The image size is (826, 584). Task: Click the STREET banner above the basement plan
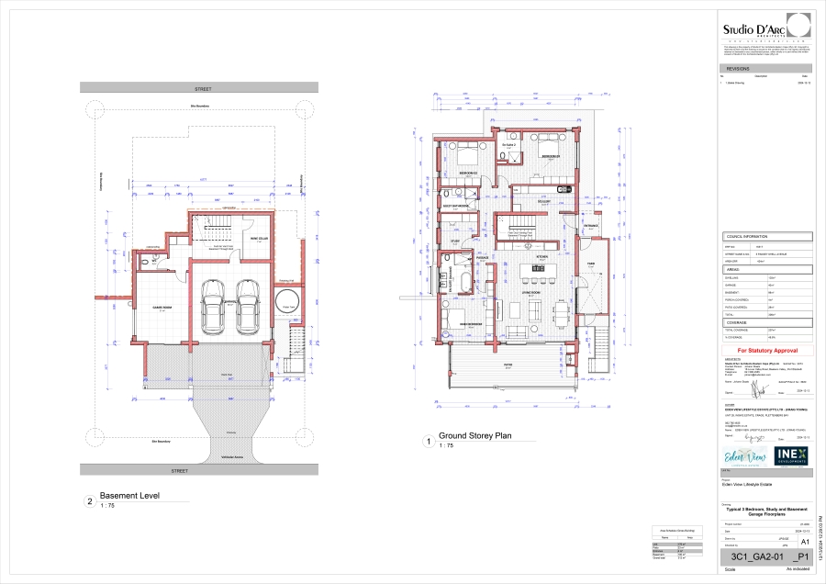[x=203, y=88]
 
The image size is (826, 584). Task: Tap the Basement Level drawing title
[x=129, y=496]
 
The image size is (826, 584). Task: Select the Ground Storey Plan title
[x=474, y=436]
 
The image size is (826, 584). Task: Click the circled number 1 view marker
[x=428, y=442]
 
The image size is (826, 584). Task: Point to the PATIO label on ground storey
[x=507, y=364]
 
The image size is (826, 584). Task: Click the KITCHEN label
[x=541, y=256]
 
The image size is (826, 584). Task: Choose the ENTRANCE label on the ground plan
[x=591, y=225]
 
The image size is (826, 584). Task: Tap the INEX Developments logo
[x=791, y=455]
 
